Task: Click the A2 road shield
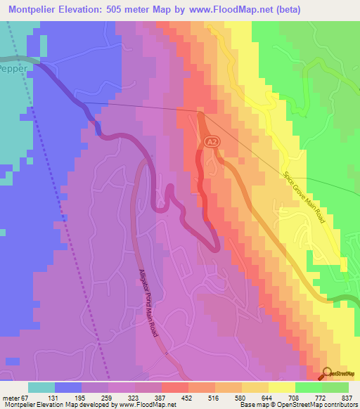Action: click(212, 142)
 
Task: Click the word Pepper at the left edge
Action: click(12, 72)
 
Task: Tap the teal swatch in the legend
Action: click(42, 387)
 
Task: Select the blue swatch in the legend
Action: click(68, 387)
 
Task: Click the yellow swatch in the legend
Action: click(281, 387)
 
